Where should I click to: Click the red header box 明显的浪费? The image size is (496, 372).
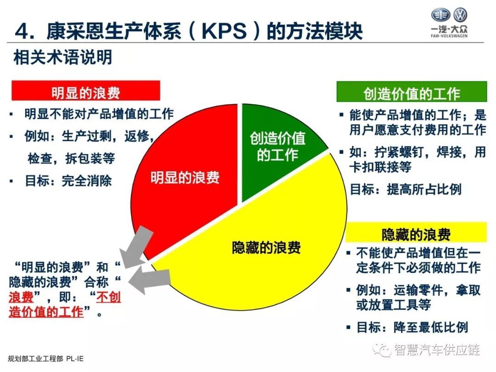click(x=86, y=91)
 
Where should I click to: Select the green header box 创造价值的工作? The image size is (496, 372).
click(x=411, y=92)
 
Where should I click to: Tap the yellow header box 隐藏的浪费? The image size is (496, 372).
click(x=416, y=232)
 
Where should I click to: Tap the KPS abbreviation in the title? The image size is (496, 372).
click(x=224, y=31)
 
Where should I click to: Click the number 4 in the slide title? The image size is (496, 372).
click(x=22, y=32)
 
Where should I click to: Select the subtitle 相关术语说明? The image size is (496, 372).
click(x=62, y=57)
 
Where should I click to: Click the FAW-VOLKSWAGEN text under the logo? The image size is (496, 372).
click(x=449, y=36)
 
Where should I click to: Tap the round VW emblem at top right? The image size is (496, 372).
click(x=460, y=15)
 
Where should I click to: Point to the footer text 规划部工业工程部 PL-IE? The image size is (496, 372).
click(x=45, y=358)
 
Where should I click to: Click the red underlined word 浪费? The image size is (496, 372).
click(x=21, y=297)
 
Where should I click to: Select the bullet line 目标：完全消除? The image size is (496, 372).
click(x=68, y=181)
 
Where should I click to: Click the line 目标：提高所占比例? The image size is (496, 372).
click(x=406, y=189)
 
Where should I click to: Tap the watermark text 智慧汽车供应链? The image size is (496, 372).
click(x=437, y=349)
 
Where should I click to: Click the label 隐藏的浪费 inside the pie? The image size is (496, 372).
click(x=266, y=248)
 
